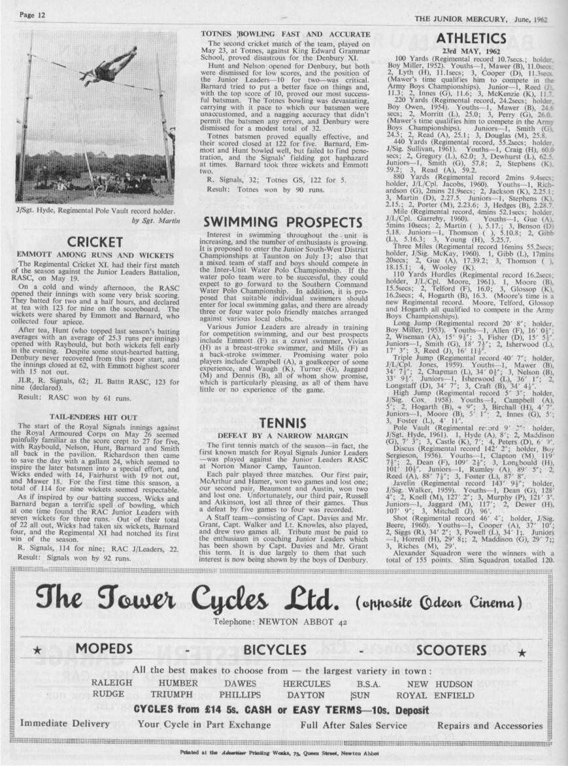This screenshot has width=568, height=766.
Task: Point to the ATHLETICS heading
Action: coord(471,39)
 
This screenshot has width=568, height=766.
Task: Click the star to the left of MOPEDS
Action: coord(38,652)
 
